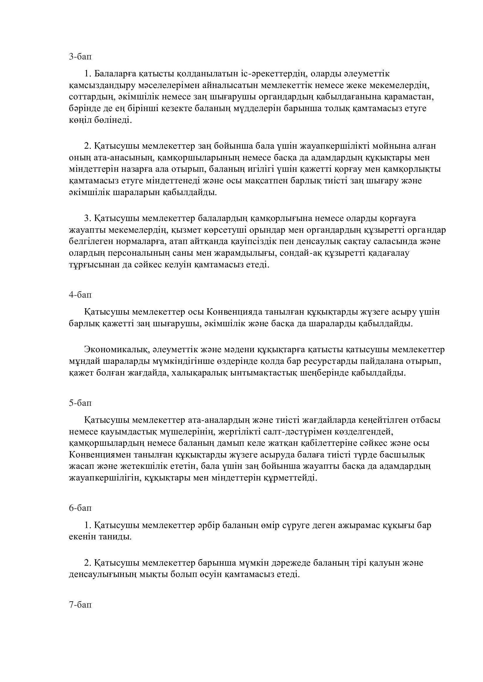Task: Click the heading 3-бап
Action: [80, 57]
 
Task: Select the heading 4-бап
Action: [80, 295]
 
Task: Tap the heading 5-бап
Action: [80, 403]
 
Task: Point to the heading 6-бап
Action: [80, 508]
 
